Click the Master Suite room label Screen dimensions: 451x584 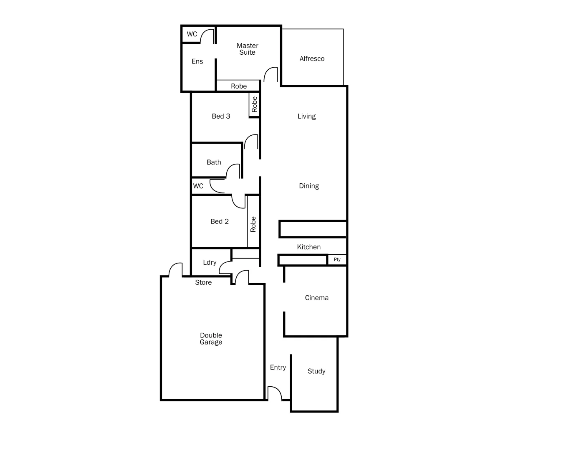point(247,49)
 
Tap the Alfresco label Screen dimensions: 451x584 point(312,59)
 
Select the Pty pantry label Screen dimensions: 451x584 point(337,260)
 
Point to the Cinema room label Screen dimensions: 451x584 point(316,298)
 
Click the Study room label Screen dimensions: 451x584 point(316,371)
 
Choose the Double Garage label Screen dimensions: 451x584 point(211,339)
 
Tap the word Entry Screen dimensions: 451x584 point(278,367)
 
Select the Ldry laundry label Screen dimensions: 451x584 point(210,262)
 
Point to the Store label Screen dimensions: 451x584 point(203,283)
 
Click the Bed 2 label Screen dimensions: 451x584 point(220,221)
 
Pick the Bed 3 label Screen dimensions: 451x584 point(221,116)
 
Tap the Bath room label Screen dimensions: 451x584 point(214,162)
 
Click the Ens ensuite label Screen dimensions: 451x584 point(197,62)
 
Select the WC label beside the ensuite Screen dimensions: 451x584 point(192,34)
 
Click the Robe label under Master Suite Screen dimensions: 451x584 point(239,86)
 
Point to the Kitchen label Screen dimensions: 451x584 point(308,247)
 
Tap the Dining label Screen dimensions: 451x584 point(308,186)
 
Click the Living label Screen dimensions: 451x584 point(306,117)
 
